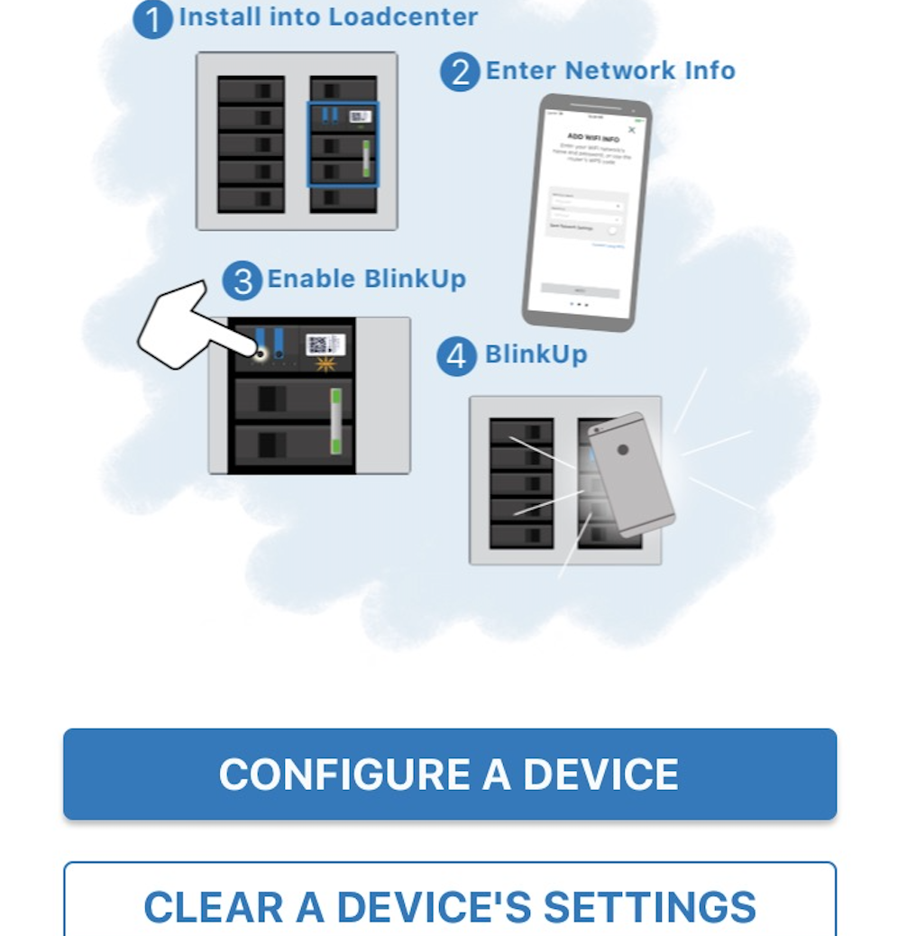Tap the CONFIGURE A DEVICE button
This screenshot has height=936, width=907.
pyautogui.click(x=449, y=775)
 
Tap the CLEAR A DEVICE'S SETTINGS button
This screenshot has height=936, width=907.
pyautogui.click(x=449, y=905)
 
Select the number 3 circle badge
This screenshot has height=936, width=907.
pyautogui.click(x=242, y=281)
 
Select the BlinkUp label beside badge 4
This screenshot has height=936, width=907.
pyautogui.click(x=536, y=354)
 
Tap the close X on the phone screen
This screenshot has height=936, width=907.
pyautogui.click(x=631, y=130)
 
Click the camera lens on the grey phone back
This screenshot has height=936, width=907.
pyautogui.click(x=622, y=449)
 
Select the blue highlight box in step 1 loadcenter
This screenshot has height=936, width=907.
pyautogui.click(x=343, y=144)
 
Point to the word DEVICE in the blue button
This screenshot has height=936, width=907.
pyautogui.click(x=601, y=775)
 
